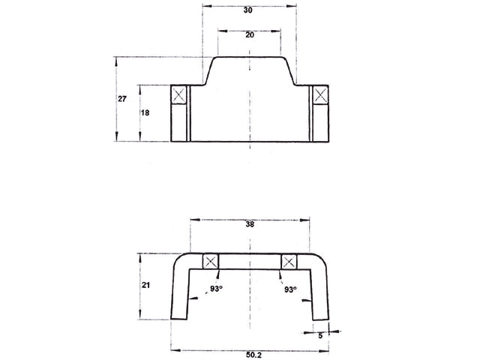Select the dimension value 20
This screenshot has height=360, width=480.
pyautogui.click(x=250, y=35)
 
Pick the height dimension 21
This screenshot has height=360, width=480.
pyautogui.click(x=148, y=286)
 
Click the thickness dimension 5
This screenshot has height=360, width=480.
pyautogui.click(x=320, y=336)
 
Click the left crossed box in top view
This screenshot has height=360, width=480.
pyautogui.click(x=179, y=94)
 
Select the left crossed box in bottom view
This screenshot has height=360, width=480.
pyautogui.click(x=211, y=262)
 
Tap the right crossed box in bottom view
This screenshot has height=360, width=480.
pyautogui.click(x=289, y=262)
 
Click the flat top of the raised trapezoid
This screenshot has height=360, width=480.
pyautogui.click(x=250, y=57)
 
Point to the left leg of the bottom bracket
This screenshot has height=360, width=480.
pyautogui.click(x=181, y=296)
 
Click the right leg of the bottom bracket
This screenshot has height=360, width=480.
pyautogui.click(x=319, y=296)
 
